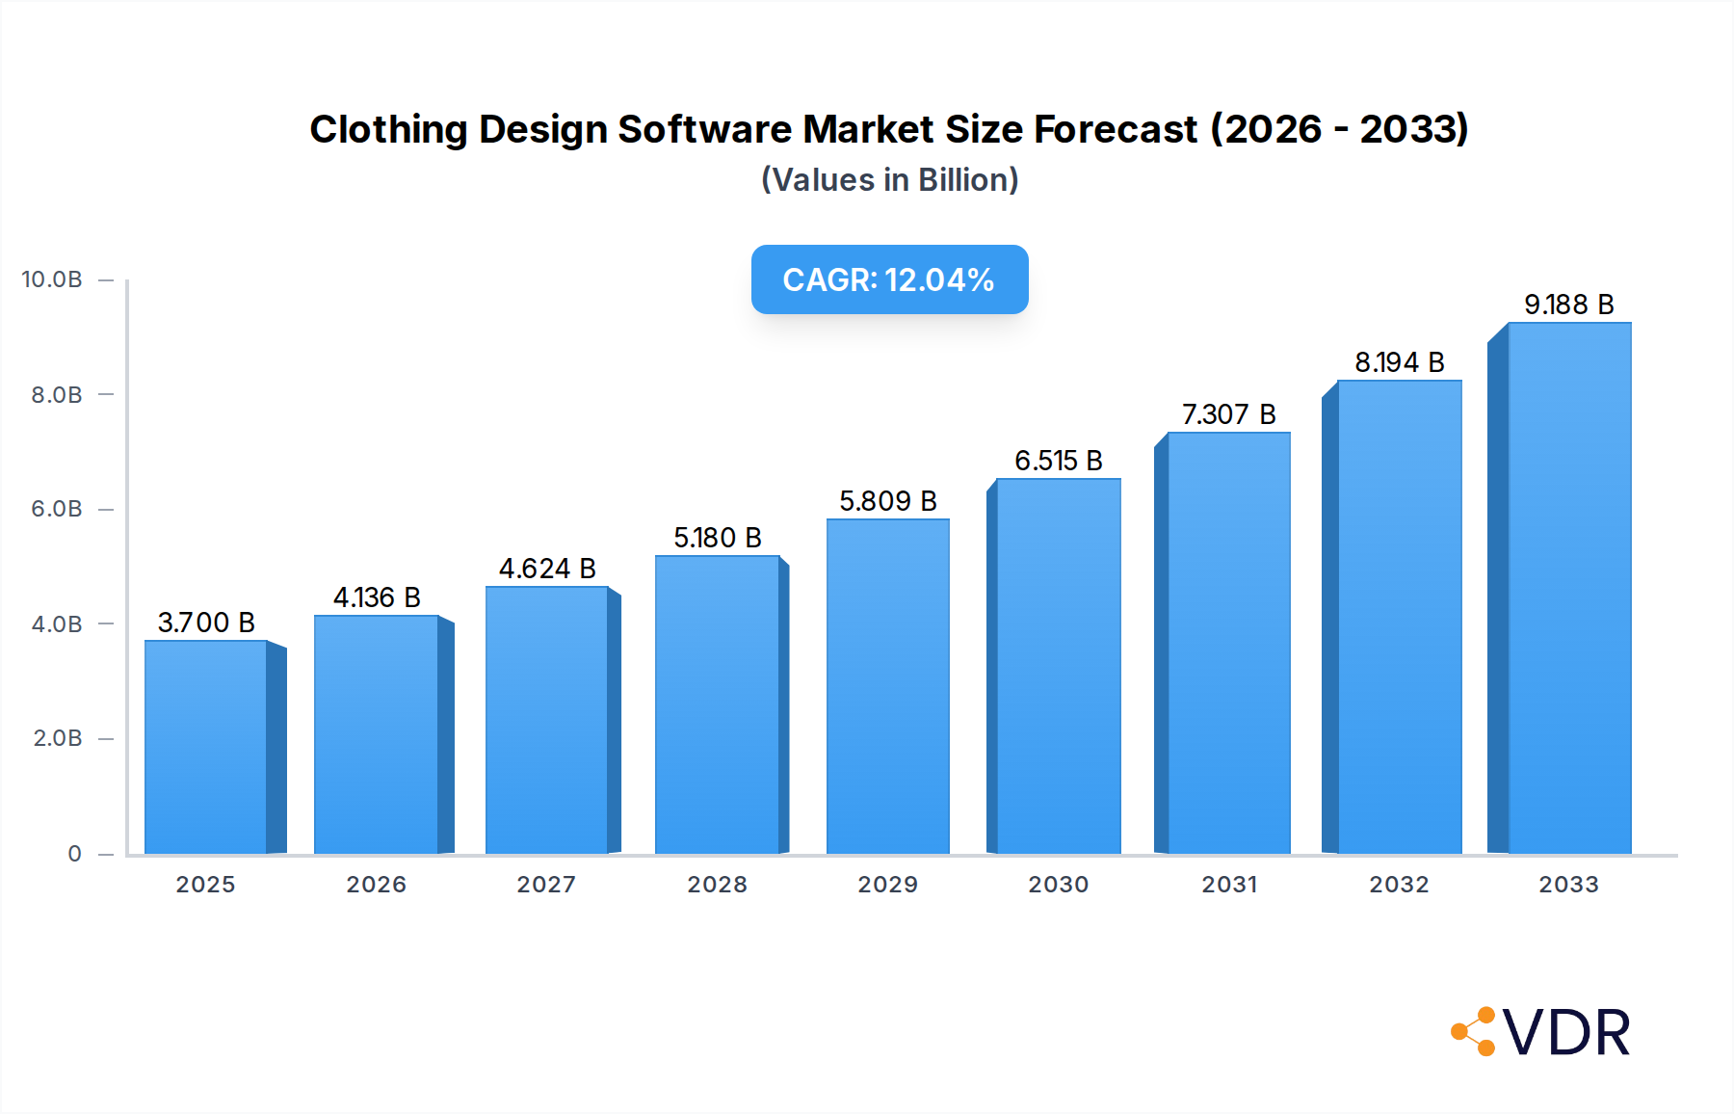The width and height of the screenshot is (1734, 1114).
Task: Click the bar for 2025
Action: pyautogui.click(x=206, y=747)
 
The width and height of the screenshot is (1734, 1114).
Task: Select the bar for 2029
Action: pyautogui.click(x=888, y=686)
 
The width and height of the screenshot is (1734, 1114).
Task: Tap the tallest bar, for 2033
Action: pyautogui.click(x=1569, y=588)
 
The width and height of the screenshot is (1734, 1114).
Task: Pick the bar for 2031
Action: pyautogui.click(x=1228, y=643)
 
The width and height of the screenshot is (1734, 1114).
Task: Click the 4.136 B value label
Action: pyautogui.click(x=377, y=597)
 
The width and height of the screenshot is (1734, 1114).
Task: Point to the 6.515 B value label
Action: pyautogui.click(x=1058, y=461)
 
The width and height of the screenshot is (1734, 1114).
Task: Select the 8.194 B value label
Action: pyautogui.click(x=1399, y=362)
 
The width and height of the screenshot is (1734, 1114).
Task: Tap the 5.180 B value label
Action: pyautogui.click(x=718, y=538)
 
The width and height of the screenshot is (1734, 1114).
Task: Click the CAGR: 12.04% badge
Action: pyautogui.click(x=889, y=279)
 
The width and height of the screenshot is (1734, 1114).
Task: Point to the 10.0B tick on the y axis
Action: pyautogui.click(x=52, y=279)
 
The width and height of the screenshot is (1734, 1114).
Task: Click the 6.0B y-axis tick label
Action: pyautogui.click(x=57, y=509)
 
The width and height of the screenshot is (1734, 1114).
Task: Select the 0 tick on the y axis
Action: pyautogui.click(x=74, y=854)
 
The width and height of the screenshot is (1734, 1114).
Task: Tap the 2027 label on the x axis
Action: pyautogui.click(x=546, y=885)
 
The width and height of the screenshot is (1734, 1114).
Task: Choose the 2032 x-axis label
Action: pyautogui.click(x=1399, y=885)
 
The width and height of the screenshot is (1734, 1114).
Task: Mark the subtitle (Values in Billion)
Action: pyautogui.click(x=889, y=180)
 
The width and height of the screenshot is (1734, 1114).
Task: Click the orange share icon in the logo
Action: pyautogui.click(x=1474, y=1032)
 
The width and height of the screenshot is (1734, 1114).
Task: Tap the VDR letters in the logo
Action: pyautogui.click(x=1566, y=1033)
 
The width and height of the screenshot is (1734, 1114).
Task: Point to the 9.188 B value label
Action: pyautogui.click(x=1568, y=305)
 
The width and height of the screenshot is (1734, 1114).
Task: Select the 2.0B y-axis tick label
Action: pyautogui.click(x=57, y=738)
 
